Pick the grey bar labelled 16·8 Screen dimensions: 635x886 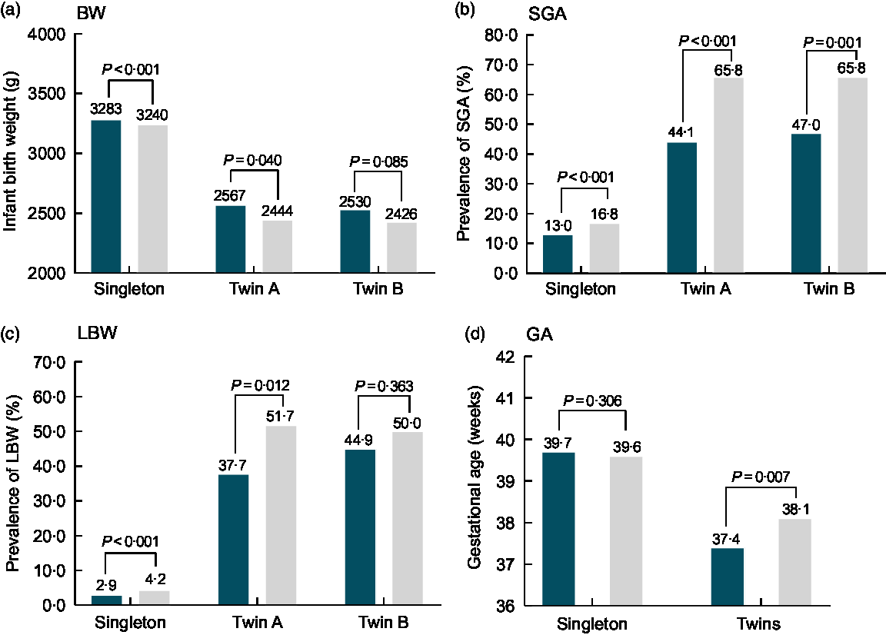pos(605,248)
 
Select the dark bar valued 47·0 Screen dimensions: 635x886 pos(805,203)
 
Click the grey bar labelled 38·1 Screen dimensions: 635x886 pos(794,562)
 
